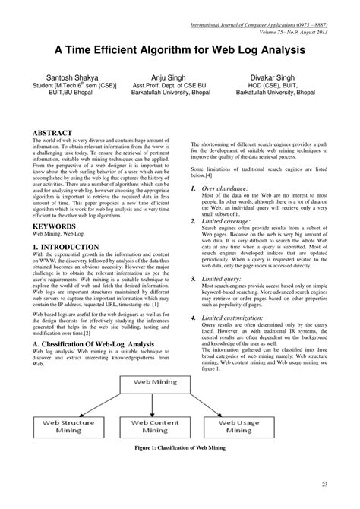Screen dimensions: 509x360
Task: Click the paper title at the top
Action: click(180, 50)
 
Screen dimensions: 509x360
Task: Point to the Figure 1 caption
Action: click(180, 447)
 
